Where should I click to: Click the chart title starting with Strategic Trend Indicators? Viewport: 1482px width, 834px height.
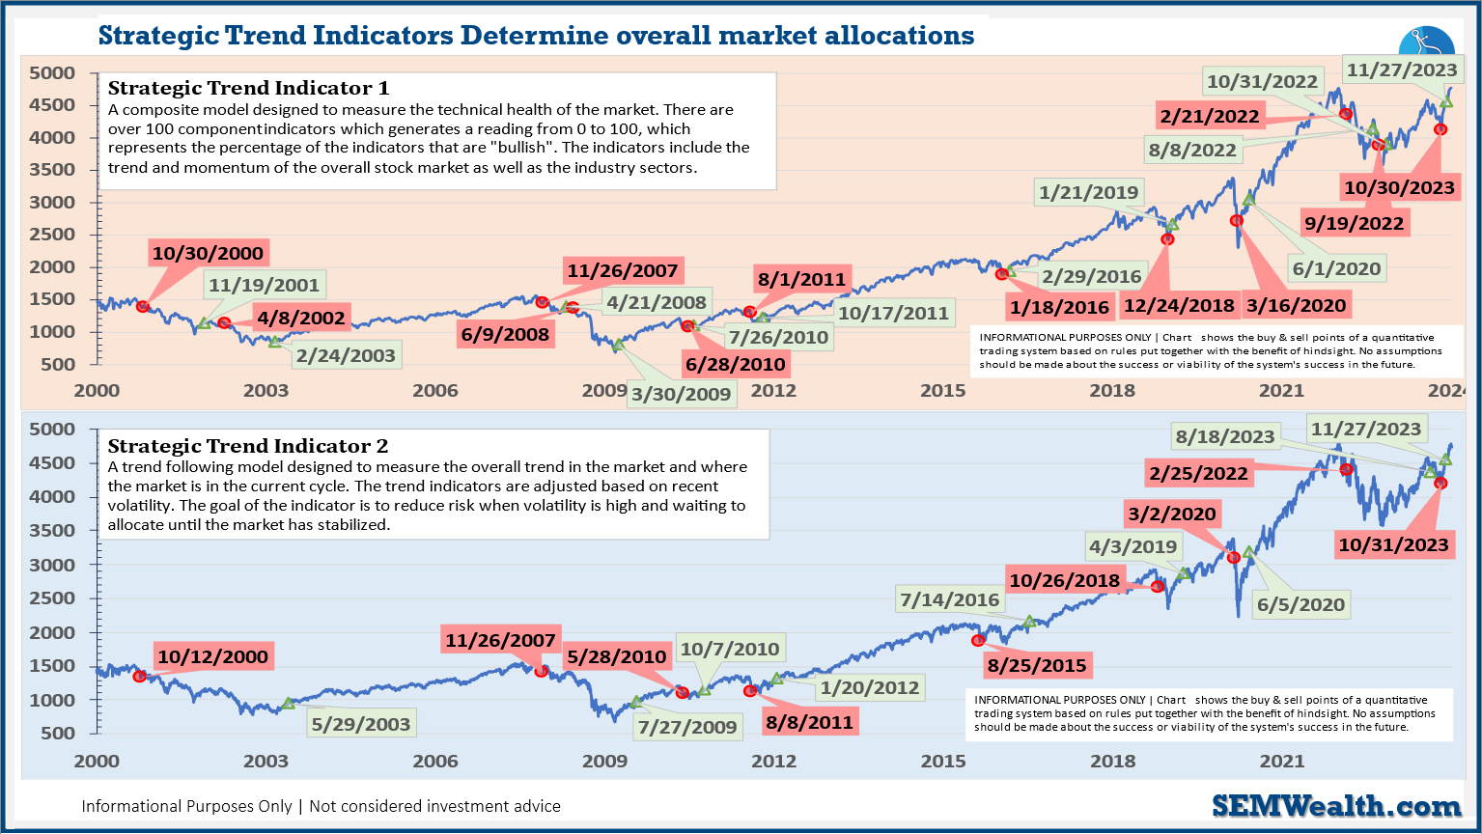click(536, 36)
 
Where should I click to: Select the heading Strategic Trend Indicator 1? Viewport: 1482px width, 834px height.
click(248, 88)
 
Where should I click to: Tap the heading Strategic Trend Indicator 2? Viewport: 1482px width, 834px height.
click(248, 446)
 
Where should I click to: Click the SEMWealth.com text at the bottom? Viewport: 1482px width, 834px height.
click(1336, 806)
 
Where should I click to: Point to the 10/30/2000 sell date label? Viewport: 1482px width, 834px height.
click(208, 254)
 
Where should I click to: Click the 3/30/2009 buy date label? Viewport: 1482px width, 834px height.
click(681, 394)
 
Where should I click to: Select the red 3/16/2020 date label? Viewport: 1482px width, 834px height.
click(1296, 305)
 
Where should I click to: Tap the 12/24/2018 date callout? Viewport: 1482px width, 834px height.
click(1178, 305)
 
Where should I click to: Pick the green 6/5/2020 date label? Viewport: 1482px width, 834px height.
click(1300, 605)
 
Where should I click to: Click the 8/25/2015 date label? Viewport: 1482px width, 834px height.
click(1036, 665)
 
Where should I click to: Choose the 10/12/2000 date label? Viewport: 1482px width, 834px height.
click(212, 656)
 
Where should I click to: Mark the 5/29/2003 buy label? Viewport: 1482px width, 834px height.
click(360, 724)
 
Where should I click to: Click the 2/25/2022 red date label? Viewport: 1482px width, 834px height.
click(1198, 473)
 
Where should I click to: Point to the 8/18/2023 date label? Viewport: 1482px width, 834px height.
click(1224, 436)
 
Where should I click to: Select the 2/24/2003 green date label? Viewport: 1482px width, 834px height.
click(346, 355)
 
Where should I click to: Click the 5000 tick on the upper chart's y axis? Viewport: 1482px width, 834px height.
click(51, 73)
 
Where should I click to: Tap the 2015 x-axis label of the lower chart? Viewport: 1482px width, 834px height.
click(943, 761)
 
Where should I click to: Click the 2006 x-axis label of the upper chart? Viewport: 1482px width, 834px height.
click(435, 390)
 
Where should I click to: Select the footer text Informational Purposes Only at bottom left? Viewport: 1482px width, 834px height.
click(321, 806)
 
